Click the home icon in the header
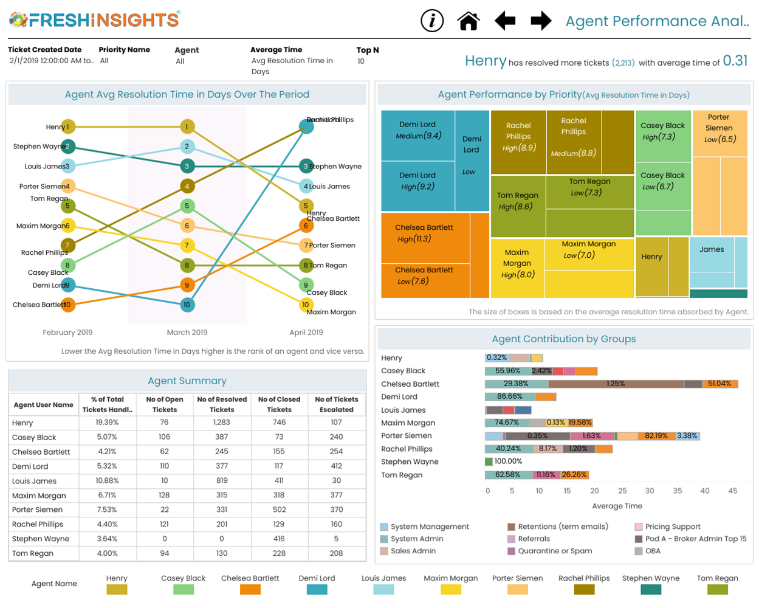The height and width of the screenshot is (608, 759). tap(469, 21)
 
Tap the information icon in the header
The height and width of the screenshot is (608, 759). tap(432, 21)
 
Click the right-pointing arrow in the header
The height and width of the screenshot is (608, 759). tap(541, 21)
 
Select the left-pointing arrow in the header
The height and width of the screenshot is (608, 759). tap(505, 21)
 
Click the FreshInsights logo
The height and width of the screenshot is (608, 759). tap(95, 19)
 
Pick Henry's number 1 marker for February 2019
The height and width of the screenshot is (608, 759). tap(68, 127)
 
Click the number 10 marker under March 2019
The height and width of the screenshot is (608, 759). tap(187, 305)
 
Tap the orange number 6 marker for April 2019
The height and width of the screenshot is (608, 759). tap(306, 226)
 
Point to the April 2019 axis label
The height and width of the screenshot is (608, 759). tap(306, 333)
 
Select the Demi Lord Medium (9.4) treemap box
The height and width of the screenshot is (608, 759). tap(418, 135)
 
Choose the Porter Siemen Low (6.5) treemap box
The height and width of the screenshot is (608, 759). tap(720, 133)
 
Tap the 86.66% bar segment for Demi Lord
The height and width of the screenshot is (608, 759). tap(509, 397)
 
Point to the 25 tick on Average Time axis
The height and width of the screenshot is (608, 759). tap(622, 491)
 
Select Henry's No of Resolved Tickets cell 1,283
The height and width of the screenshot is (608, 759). tap(222, 423)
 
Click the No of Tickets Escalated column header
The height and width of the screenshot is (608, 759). tap(337, 404)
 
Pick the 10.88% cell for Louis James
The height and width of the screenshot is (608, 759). tap(108, 481)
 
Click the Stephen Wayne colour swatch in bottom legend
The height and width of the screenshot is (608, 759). tap(651, 590)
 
